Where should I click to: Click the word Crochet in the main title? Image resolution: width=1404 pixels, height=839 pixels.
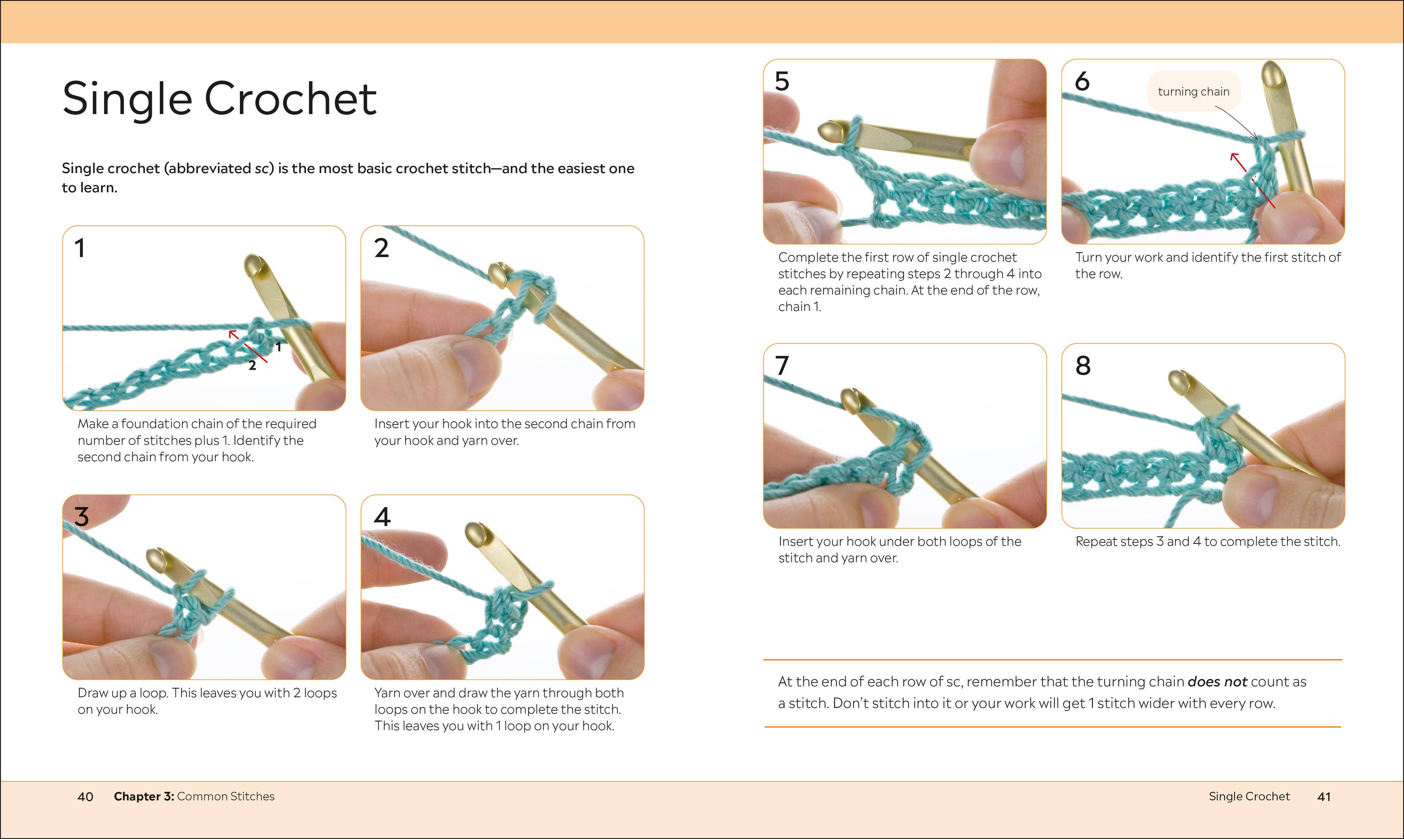click(x=290, y=99)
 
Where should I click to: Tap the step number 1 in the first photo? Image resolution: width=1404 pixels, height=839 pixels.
click(x=80, y=248)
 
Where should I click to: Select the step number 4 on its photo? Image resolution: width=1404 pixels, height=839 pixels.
click(x=382, y=517)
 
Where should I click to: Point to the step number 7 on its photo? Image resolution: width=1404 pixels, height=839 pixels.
click(x=782, y=366)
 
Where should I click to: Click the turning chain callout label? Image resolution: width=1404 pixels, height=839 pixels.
click(x=1193, y=92)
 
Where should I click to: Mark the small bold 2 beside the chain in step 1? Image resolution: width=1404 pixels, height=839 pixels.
click(x=252, y=366)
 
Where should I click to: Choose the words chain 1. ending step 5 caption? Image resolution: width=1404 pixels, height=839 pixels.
click(x=799, y=307)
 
